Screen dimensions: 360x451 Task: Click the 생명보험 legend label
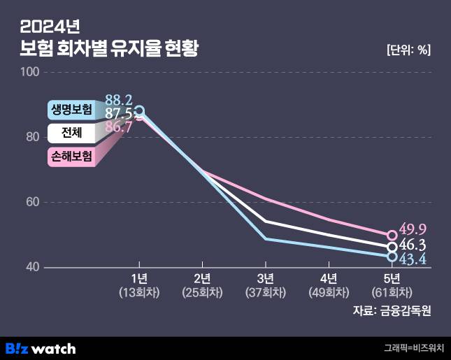71,109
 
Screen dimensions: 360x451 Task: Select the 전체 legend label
70,133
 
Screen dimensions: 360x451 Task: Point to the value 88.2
119,100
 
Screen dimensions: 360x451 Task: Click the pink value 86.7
118,127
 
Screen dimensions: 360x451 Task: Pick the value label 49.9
413,229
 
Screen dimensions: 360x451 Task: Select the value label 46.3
413,245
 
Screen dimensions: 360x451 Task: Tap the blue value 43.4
413,260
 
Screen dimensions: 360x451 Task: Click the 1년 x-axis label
139,280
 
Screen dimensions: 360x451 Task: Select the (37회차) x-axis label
266,293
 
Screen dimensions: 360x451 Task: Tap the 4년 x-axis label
329,280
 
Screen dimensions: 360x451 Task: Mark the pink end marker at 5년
392,236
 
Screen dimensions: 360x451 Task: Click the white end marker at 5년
392,247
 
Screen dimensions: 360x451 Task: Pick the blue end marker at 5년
392,257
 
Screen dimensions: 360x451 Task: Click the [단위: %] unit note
408,50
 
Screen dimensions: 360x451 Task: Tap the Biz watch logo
41,347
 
